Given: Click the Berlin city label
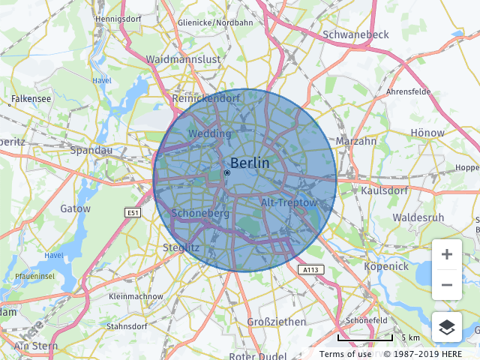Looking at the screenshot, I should click(250, 163).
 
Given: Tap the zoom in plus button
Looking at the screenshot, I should click(447, 254).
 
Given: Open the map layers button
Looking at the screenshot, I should click(447, 327).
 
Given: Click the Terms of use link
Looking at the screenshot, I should click(345, 354).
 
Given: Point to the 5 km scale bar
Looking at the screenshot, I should click(367, 338).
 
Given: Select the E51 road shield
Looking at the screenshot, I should click(133, 213).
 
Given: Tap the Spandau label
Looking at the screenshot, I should click(91, 150).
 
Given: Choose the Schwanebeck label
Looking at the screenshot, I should click(355, 34).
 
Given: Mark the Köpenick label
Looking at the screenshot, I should click(385, 266).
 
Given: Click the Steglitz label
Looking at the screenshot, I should click(181, 247).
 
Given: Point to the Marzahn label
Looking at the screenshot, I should click(356, 141).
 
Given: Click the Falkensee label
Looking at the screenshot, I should click(31, 99).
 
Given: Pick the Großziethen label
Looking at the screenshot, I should click(277, 322).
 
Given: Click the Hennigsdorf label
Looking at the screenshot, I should click(119, 18).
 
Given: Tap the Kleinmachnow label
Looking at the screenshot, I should click(136, 297).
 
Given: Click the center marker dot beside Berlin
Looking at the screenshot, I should click(226, 172).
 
